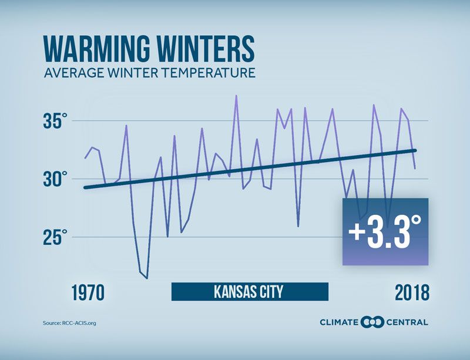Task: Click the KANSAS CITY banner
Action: point(250,292)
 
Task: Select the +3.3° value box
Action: point(385,231)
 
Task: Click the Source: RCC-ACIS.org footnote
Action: point(69,323)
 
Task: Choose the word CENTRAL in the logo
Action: point(407,322)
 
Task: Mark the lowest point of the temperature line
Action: point(146,278)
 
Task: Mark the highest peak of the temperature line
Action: point(236,95)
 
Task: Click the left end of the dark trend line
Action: point(85,187)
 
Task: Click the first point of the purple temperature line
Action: point(85,158)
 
